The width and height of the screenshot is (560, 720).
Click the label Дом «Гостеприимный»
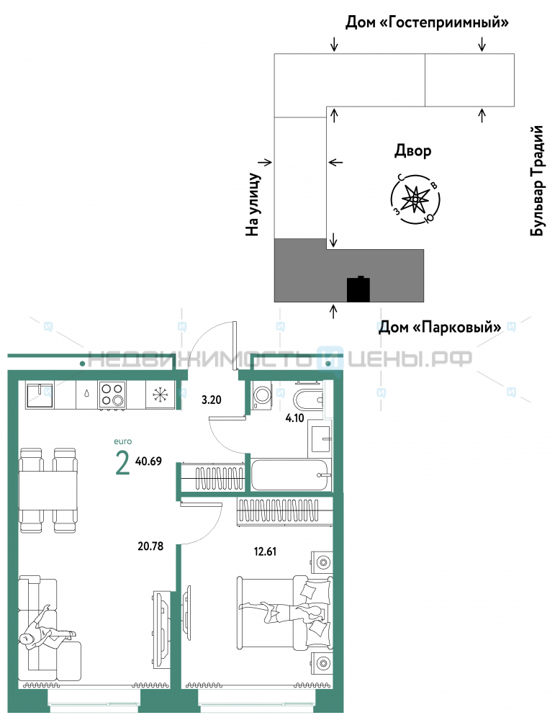[427, 22]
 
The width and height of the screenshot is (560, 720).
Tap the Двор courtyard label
[412, 151]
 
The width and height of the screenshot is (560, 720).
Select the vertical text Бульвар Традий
[537, 181]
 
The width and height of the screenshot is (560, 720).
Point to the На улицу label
[253, 204]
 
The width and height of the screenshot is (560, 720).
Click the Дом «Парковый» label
[440, 328]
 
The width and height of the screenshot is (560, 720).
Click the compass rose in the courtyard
[415, 199]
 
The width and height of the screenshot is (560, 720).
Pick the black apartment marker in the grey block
[358, 289]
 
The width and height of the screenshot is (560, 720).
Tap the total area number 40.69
[149, 461]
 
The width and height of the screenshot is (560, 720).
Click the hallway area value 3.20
[211, 400]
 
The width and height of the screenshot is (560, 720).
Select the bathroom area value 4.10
[294, 418]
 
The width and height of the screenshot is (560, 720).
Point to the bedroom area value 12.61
[266, 551]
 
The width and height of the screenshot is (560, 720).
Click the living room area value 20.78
[150, 546]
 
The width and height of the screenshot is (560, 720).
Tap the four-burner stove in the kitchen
[112, 394]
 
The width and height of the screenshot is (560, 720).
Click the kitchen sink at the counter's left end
[40, 395]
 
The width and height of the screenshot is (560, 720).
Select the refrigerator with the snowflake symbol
[161, 394]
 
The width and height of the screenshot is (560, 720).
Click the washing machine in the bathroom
[262, 395]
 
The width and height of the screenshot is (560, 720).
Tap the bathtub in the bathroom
[291, 474]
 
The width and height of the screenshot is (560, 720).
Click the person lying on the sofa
[46, 627]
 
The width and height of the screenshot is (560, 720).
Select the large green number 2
[122, 462]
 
